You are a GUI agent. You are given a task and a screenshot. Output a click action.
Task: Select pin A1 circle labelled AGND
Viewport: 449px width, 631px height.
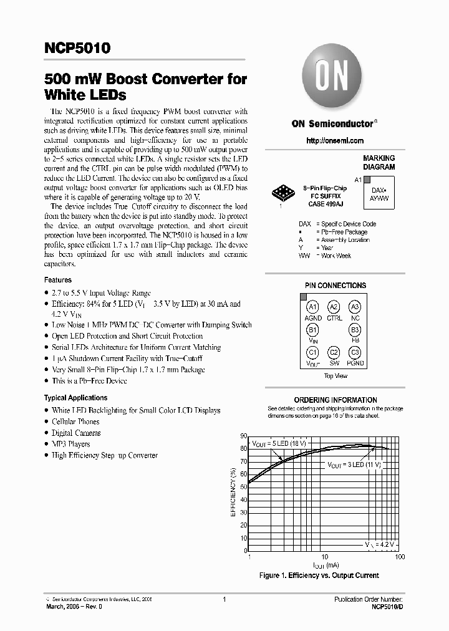[x=313, y=307]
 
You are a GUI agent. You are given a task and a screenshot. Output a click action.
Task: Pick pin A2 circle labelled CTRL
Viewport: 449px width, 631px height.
[x=334, y=307]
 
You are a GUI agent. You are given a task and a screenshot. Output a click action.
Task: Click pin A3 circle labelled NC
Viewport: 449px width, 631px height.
[x=355, y=307]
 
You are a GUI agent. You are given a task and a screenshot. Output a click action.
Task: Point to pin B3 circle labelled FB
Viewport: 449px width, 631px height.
[x=355, y=329]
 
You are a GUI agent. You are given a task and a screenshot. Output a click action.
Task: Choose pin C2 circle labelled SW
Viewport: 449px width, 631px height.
[x=334, y=352]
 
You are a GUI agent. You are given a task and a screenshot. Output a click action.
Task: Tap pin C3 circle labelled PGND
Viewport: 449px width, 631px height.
[x=355, y=352]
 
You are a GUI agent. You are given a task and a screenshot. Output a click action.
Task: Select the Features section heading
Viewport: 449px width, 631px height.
[x=58, y=280]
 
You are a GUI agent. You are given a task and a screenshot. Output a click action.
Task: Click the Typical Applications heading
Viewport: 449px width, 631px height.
[x=75, y=398]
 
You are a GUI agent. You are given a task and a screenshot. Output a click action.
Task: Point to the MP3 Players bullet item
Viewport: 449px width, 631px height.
[x=70, y=444]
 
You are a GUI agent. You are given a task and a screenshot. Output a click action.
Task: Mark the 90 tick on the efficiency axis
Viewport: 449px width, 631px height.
[x=244, y=436]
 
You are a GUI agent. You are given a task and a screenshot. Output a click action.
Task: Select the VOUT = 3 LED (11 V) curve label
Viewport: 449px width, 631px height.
[x=354, y=465]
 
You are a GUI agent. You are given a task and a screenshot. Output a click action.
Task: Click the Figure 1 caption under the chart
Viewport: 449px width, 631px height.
[x=319, y=576]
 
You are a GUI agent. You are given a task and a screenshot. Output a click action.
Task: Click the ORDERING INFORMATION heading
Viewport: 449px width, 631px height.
[x=335, y=400]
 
